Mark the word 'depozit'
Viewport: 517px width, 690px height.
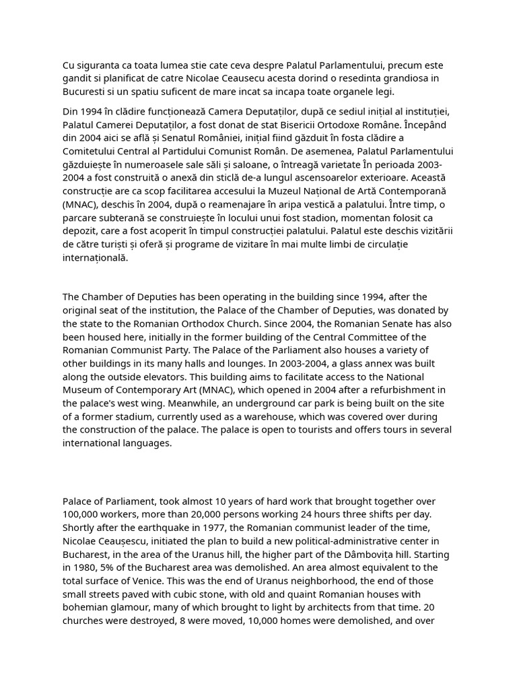point(81,231)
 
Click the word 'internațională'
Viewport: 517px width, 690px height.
point(95,257)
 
